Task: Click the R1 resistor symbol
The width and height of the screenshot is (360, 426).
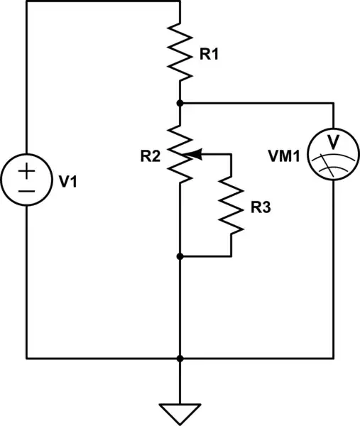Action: pos(180,50)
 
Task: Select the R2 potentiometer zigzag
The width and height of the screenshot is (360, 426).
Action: pos(180,152)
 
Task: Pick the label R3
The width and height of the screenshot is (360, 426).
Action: pos(261,208)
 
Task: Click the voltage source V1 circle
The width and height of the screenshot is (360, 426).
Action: pos(26,181)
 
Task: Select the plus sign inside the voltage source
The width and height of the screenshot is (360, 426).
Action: pos(26,170)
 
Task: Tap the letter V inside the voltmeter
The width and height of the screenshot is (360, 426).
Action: pos(333,144)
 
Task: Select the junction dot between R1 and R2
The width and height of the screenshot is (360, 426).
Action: pos(180,103)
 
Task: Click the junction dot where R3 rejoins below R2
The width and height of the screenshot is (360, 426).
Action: pos(180,256)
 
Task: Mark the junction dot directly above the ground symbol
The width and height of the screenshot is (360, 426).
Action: pos(180,359)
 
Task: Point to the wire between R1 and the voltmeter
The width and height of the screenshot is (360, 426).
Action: pos(256,103)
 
